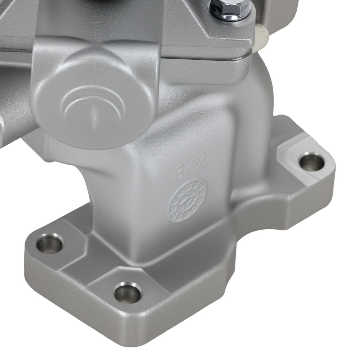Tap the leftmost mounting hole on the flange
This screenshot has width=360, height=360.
click(x=50, y=244)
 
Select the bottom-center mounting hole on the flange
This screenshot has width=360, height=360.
click(x=128, y=293)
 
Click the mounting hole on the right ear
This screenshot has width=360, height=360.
click(x=311, y=162)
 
